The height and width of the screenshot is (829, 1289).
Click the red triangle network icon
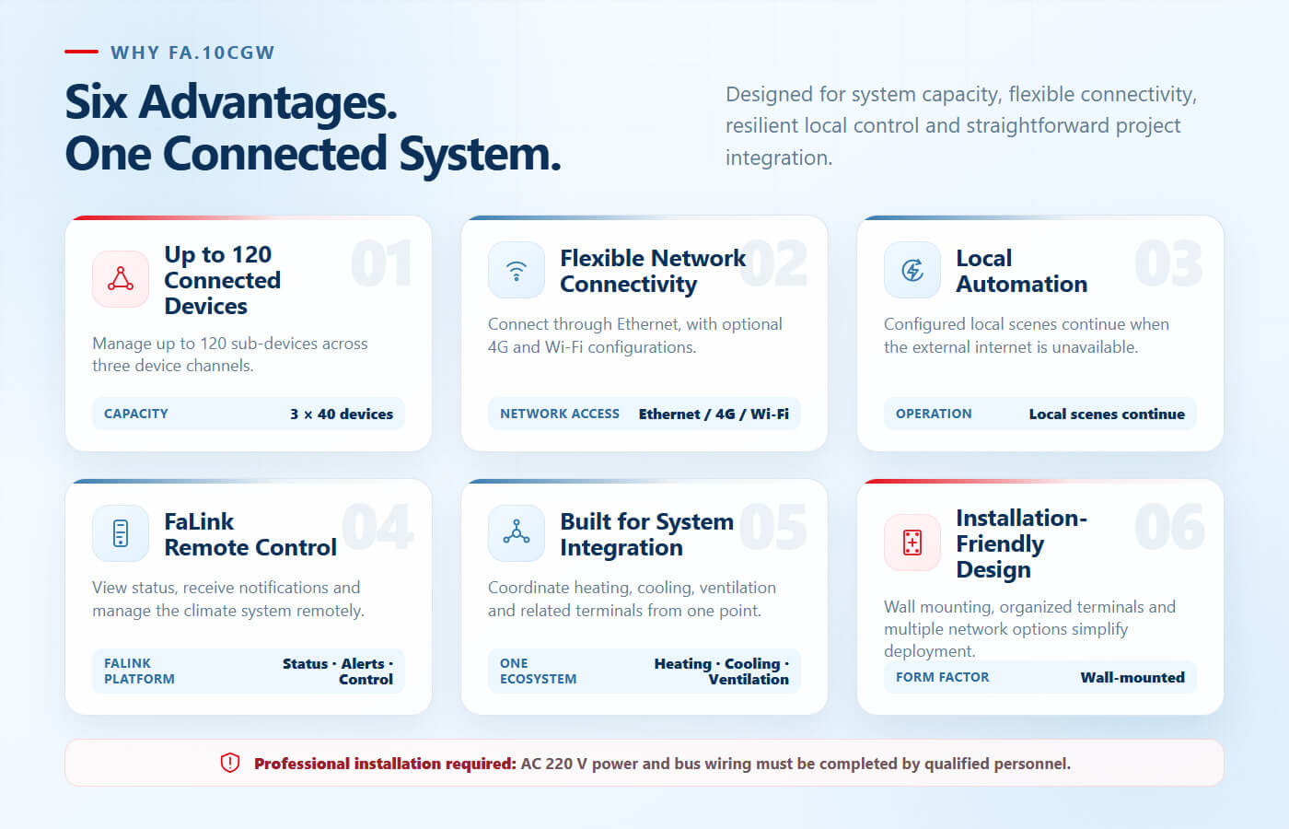tap(121, 278)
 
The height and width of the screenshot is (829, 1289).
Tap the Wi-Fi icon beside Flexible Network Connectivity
tap(517, 271)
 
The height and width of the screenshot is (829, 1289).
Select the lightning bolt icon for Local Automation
tap(912, 270)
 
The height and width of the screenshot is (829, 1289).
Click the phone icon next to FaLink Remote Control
tap(121, 533)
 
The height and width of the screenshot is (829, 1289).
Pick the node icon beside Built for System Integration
tap(517, 532)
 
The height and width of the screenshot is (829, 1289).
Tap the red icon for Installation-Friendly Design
tap(912, 543)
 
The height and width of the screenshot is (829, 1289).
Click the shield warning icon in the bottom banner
tap(230, 763)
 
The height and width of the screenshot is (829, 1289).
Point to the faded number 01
tap(381, 263)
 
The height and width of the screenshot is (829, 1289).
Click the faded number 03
tap(1168, 263)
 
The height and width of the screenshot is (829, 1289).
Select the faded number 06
tap(1169, 527)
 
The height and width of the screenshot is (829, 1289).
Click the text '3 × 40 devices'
tap(342, 414)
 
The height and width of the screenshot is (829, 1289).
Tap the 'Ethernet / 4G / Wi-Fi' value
tap(714, 414)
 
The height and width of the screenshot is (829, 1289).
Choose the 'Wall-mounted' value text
tap(1132, 677)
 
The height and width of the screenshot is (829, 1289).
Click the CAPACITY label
tap(136, 414)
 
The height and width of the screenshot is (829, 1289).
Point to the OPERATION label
tap(934, 414)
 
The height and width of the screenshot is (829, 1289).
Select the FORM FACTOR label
tap(942, 677)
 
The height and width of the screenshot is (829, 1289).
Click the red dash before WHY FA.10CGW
tap(81, 52)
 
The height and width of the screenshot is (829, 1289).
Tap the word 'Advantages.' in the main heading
tap(268, 103)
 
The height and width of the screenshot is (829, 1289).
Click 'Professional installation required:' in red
tap(385, 764)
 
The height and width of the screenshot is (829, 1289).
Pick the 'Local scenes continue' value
tap(1107, 414)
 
